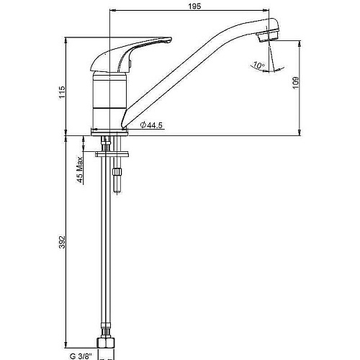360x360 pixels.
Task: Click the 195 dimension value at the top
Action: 194,6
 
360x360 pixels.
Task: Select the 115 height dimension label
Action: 62,92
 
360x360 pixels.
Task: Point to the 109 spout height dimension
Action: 295,83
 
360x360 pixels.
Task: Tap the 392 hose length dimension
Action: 62,242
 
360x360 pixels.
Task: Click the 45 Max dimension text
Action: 80,170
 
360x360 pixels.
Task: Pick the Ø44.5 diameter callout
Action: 151,125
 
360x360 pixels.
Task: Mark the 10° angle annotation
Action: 259,65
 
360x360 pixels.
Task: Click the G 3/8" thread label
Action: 81,356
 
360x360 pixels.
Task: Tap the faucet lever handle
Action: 131,54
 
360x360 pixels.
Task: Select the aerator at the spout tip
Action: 268,36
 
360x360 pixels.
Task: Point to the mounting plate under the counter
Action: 112,154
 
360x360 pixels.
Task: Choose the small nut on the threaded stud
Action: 117,171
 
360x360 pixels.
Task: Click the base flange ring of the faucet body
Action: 109,132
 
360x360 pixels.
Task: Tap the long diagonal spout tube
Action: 192,72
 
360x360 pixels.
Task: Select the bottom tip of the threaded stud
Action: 117,192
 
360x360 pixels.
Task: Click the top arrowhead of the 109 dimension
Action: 300,44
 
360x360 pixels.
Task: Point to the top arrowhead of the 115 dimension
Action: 66,40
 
